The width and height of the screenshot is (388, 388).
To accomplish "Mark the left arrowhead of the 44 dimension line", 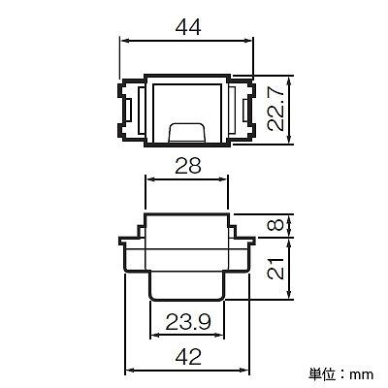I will pyautogui.click(x=123, y=41).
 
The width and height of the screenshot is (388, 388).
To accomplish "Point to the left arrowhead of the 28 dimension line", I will pyautogui.click(x=147, y=178).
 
